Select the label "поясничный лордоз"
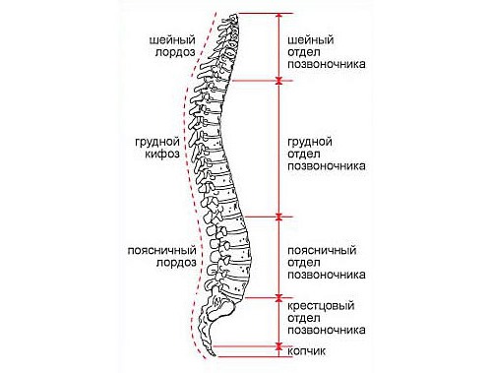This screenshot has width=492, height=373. (162, 257)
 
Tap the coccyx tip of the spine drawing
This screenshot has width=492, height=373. (211, 346)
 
